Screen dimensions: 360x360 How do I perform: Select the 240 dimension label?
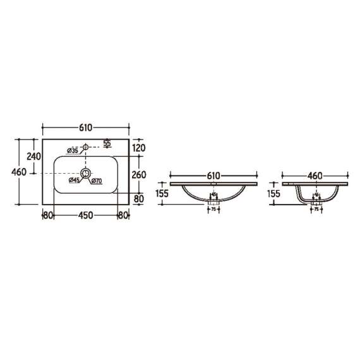(33, 156)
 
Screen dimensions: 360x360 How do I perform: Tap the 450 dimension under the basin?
(86, 215)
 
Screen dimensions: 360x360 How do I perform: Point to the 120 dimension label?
(139, 148)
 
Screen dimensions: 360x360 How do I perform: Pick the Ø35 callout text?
(71, 150)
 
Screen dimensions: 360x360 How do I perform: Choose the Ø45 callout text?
(74, 181)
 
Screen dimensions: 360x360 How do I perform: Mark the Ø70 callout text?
(97, 181)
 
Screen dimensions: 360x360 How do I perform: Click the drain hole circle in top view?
(86, 172)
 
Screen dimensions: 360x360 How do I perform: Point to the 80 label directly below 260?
(139, 198)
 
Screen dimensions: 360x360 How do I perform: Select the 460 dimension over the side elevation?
(315, 176)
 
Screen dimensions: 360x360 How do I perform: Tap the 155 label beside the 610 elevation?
(162, 195)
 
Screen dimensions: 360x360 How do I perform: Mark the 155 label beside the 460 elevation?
(273, 195)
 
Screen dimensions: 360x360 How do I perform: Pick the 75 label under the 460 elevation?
(315, 209)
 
